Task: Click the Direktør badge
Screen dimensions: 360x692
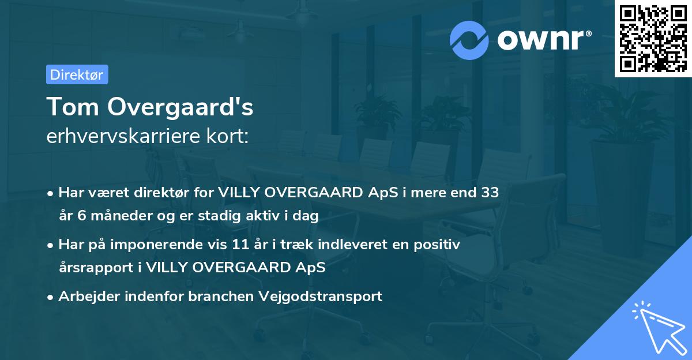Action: point(77,74)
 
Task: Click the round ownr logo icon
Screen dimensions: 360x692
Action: point(469,39)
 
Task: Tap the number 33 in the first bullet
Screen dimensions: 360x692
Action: point(490,193)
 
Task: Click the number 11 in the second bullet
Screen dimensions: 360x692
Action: point(240,245)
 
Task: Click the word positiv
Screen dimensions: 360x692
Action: point(440,245)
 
